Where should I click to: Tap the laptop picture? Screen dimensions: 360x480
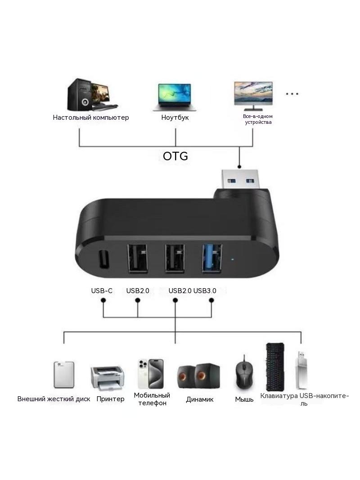[x=175, y=97]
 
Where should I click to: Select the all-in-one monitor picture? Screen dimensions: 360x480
[x=253, y=96]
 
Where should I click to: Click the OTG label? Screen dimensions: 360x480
[x=175, y=156]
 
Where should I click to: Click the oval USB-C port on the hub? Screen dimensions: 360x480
[x=103, y=260]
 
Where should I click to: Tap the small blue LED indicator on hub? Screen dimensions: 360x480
[x=233, y=260]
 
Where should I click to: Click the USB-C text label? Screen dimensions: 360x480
[x=102, y=290]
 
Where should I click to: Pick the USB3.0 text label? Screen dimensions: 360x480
[x=205, y=290]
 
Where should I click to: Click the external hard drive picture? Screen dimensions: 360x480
[x=64, y=375]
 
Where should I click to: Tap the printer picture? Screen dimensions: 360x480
[x=108, y=378]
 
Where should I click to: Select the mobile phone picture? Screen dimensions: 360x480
[x=150, y=374]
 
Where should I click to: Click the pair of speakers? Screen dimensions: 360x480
[x=198, y=376]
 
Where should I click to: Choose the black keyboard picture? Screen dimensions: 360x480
[x=275, y=367]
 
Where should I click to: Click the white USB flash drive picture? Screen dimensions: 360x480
[x=301, y=370]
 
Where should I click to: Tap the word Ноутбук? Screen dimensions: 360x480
[x=175, y=118]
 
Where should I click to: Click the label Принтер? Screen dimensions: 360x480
[x=110, y=399]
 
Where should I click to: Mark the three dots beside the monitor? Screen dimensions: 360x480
[x=292, y=94]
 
